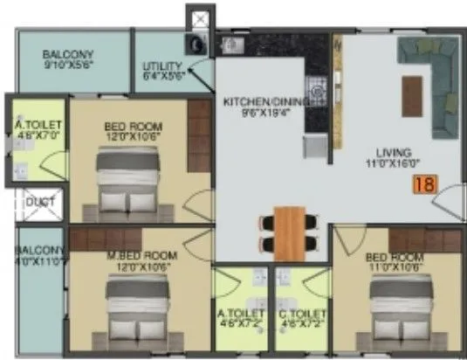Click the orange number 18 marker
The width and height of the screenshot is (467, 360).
pos(425,184)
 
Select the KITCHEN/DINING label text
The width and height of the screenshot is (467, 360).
pos(266,101)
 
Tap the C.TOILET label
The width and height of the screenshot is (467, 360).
pos(302,313)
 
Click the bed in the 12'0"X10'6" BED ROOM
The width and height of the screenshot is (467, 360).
pos(127,182)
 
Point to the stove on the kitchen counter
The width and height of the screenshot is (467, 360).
pos(319,87)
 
